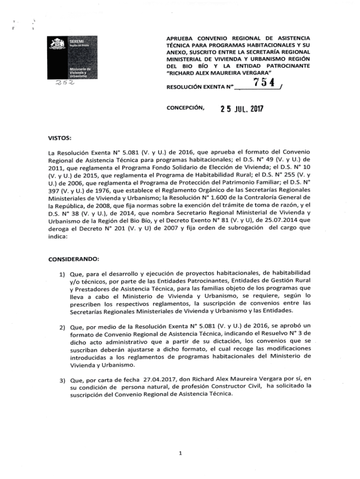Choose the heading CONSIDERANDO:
point(73,258)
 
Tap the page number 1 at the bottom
point(180,452)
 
